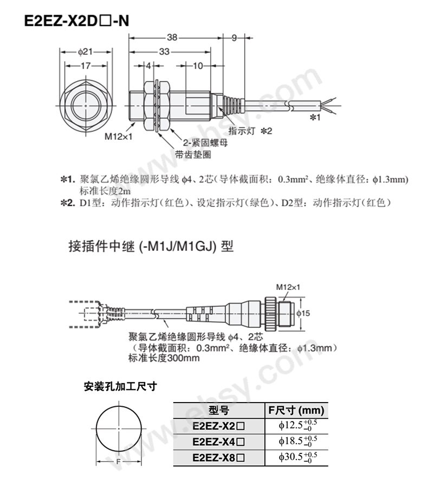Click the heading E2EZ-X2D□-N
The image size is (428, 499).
[x=77, y=21]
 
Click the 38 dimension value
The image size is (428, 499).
[x=172, y=37]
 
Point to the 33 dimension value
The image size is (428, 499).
[x=164, y=51]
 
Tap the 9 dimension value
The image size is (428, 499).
[x=234, y=38]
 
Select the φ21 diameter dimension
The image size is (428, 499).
[x=85, y=51]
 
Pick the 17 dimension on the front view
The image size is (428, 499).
[x=86, y=66]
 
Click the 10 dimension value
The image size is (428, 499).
[x=198, y=66]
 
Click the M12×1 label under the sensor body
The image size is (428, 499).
[x=118, y=137]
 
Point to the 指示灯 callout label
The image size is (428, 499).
[x=242, y=131]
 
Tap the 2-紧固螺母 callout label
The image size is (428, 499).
[x=205, y=142]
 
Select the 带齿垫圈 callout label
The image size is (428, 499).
[x=193, y=154]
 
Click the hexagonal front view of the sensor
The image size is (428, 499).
[x=86, y=105]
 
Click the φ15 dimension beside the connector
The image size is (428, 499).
[x=303, y=313]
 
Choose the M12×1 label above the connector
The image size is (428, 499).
[x=288, y=287]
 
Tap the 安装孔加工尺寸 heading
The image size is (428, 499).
[x=120, y=386]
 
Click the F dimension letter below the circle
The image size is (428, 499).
[x=118, y=461]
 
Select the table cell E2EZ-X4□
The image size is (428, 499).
[x=219, y=442]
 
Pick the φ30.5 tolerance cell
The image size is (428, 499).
[x=297, y=458]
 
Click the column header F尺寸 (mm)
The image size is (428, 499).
[x=296, y=410]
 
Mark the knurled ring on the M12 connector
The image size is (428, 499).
[x=271, y=313]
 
